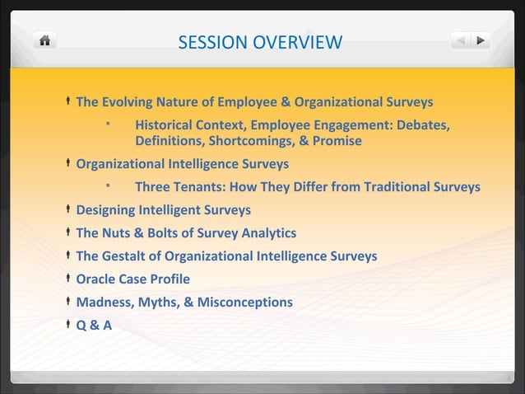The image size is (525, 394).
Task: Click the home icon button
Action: pyautogui.click(x=45, y=40)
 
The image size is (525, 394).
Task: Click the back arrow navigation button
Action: pyautogui.click(x=462, y=40)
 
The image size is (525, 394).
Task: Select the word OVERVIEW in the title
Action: pyautogui.click(x=297, y=42)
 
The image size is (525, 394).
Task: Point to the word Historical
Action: pyautogui.click(x=166, y=126)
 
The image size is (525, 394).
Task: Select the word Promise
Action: pyautogui.click(x=337, y=141)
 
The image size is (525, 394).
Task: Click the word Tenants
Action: pyautogui.click(x=202, y=187)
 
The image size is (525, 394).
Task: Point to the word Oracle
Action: pyautogui.click(x=96, y=279)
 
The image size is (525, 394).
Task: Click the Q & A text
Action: pyautogui.click(x=94, y=326)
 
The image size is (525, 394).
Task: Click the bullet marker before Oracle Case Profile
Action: pyautogui.click(x=67, y=279)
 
